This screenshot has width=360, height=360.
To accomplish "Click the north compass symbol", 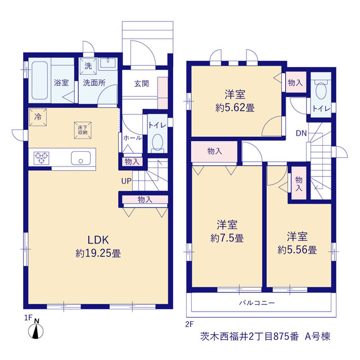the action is [36, 330].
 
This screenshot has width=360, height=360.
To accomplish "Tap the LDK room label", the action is [98, 240].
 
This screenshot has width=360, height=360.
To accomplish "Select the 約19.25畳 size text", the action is [98, 253].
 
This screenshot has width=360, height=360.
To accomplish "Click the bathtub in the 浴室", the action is [40, 80].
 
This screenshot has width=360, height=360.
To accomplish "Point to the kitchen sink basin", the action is [80, 158].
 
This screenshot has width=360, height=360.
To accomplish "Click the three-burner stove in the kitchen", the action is [41, 158].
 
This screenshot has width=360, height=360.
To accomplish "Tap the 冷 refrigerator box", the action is [38, 117].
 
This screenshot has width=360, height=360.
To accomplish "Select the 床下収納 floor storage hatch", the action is [83, 130].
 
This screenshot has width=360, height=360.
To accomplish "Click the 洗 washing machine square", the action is [88, 66].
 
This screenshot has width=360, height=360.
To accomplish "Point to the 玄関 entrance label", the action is [141, 84].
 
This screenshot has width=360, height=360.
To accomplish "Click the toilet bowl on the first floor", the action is [157, 142].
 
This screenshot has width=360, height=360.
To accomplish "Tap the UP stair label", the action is [126, 181].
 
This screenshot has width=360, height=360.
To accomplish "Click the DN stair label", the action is [301, 133].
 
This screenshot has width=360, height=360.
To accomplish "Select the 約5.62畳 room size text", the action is [235, 107].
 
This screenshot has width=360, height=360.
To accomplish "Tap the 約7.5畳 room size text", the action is [227, 238].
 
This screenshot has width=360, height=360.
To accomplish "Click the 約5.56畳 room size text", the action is [297, 250].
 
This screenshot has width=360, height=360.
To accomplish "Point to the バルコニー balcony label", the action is [257, 303].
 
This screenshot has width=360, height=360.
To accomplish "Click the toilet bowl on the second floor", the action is [321, 90].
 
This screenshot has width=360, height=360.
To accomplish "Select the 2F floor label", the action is [190, 324].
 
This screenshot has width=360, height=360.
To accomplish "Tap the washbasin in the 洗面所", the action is [108, 64].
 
